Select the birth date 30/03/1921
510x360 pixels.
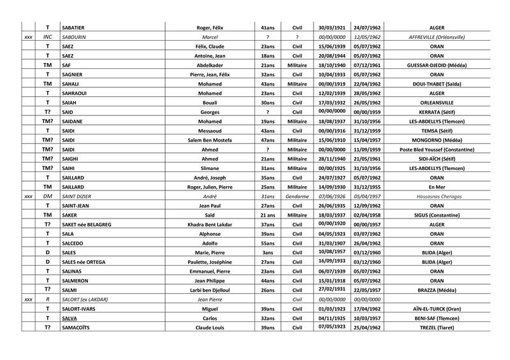tap(331, 27)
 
